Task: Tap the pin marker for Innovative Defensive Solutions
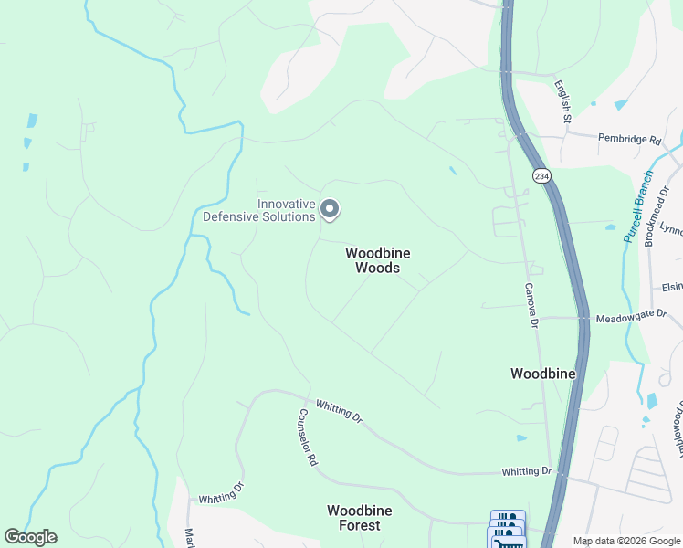(331, 211)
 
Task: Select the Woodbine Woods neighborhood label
(372, 260)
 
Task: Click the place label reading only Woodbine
(542, 374)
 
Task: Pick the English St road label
(562, 100)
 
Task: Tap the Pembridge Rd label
(629, 140)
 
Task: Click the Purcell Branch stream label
(639, 205)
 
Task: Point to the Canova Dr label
(530, 304)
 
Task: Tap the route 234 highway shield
(541, 175)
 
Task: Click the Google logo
(30, 537)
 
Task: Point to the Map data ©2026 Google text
(625, 541)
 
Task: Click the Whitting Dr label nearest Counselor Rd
(339, 411)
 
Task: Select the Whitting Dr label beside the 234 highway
(527, 471)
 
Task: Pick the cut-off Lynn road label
(671, 230)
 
